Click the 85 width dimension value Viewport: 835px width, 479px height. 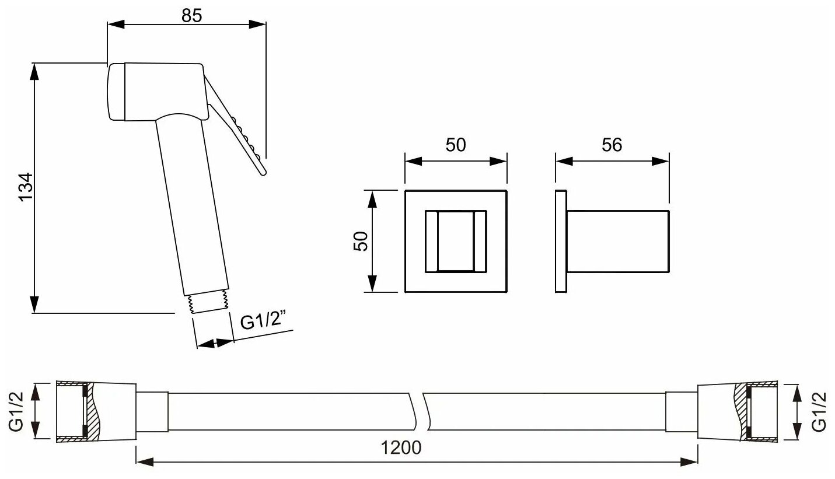(191, 16)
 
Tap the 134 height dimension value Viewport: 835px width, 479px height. (26, 187)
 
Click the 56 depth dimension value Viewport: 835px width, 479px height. (612, 145)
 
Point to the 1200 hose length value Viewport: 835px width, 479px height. (401, 447)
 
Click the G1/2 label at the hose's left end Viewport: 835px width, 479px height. (16, 411)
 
